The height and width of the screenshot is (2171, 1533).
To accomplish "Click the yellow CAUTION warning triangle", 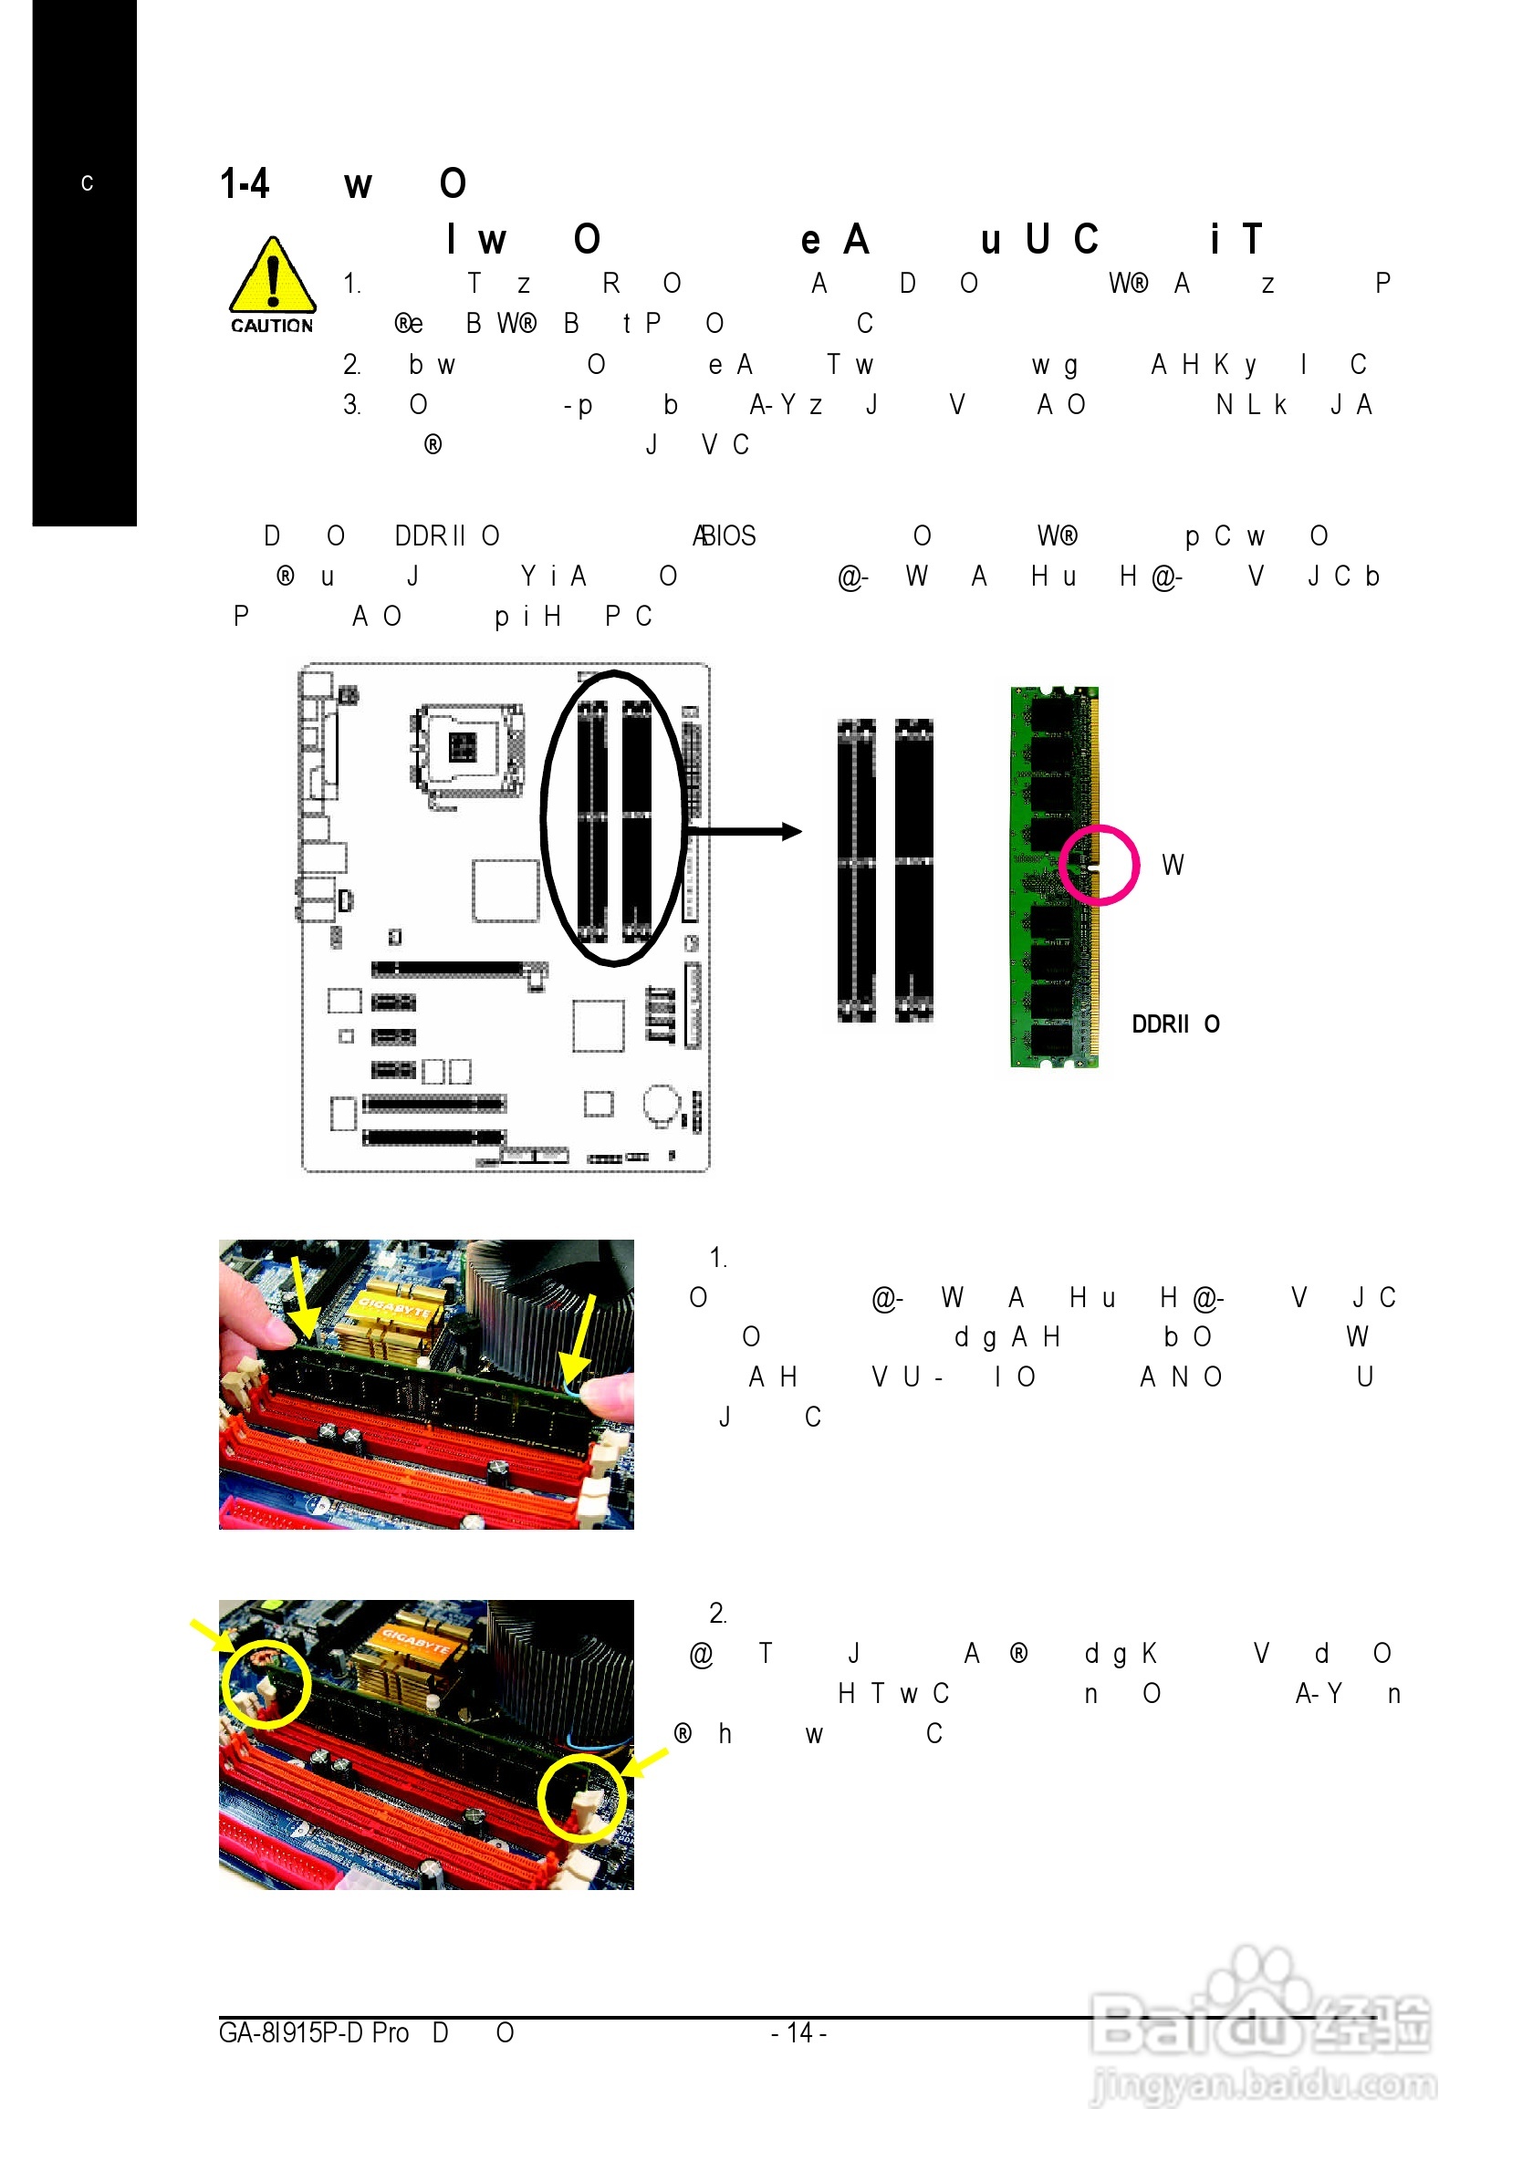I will pos(271,276).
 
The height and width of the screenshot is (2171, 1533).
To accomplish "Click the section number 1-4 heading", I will pos(245,183).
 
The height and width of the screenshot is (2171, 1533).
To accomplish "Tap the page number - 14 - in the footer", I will pos(798,2032).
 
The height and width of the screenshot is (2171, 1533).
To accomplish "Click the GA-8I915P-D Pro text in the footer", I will pos(313,2032).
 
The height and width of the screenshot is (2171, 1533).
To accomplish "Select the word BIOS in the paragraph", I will pos(729,536).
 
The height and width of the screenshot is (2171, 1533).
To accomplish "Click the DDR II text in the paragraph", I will pos(431,536).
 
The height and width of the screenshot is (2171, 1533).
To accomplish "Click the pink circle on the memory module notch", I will pos(1098,864).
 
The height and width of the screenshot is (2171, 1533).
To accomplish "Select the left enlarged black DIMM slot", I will pos(856,871).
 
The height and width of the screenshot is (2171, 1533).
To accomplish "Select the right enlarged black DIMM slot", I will pos(913,871).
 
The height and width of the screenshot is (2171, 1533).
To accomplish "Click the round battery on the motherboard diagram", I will pos(660,1103).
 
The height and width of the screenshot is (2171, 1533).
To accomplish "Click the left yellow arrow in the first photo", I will pos(303,1297).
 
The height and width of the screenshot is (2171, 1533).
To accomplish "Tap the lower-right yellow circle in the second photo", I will pos(581,1798).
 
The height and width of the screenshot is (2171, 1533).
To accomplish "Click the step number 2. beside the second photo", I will pos(718,1614).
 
